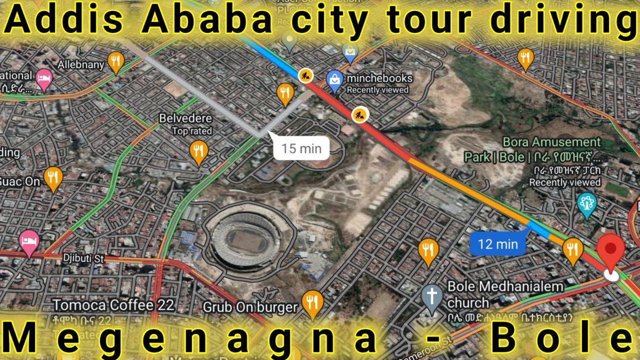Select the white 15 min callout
pos(301,148)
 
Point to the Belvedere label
pos(185,119)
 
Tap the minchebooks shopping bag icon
pos(333,79)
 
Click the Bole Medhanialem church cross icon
pos(431,294)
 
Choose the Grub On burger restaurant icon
pos(313,302)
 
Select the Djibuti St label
pos(83,258)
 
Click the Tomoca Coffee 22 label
pos(113,305)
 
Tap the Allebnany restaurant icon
pos(116,61)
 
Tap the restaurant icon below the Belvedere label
pos(198,150)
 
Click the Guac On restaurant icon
pos(53,177)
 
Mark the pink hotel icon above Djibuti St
pos(28,240)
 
